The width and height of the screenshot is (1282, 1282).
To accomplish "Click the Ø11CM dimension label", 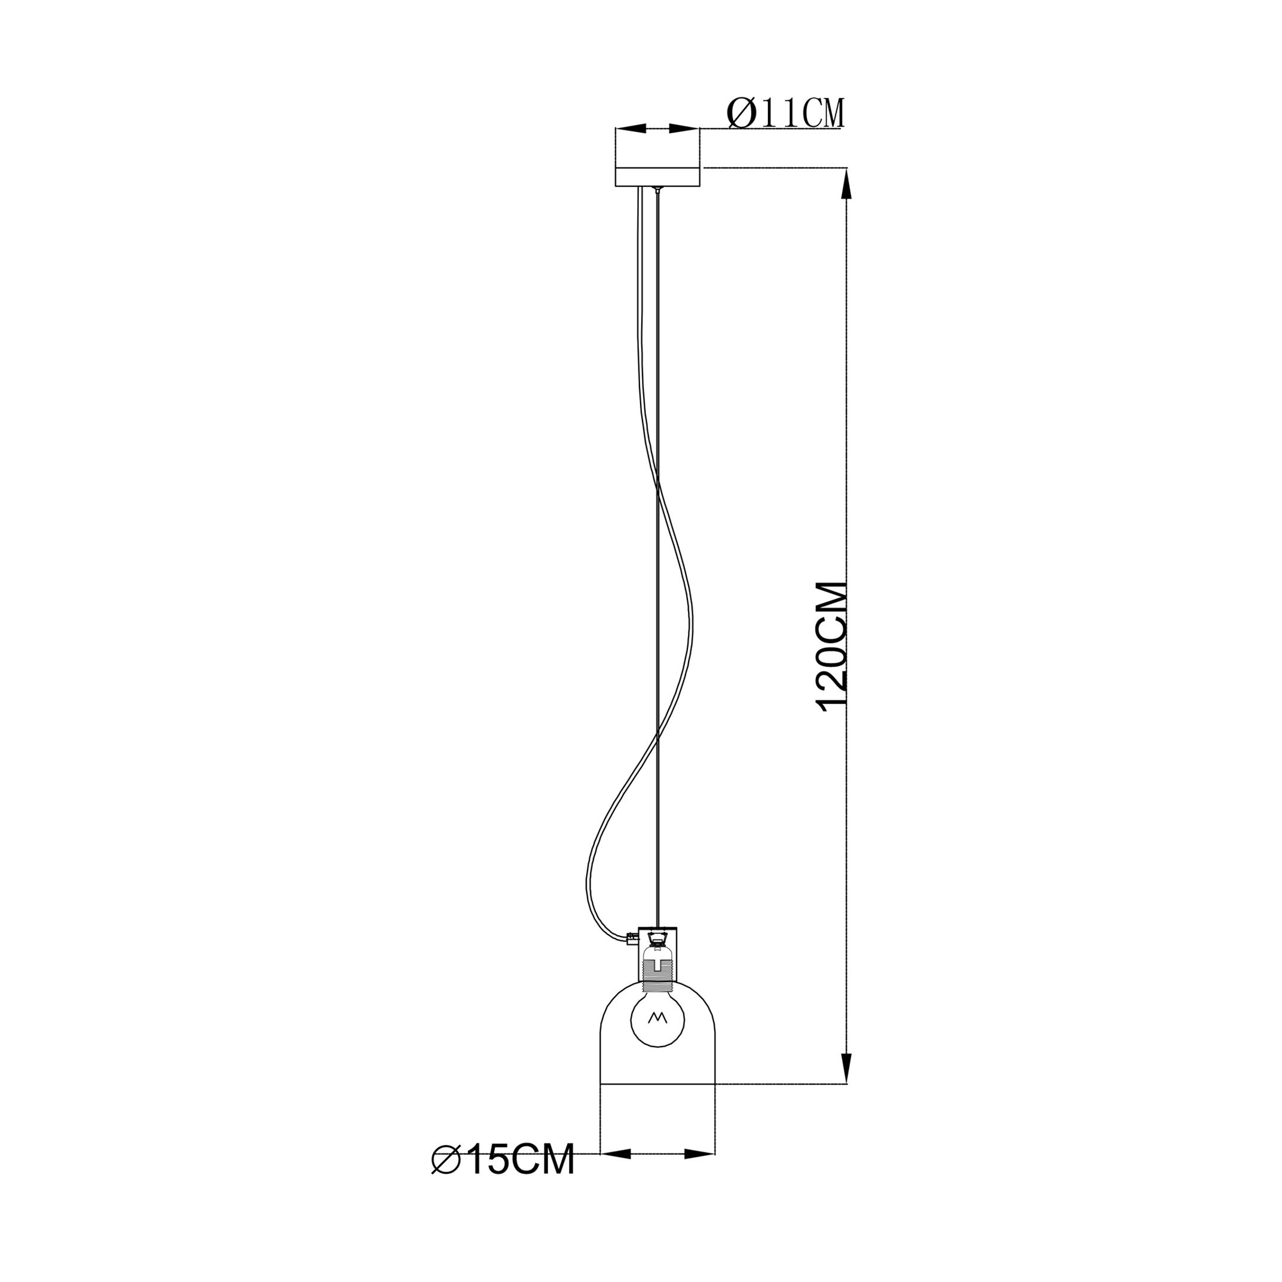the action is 786,113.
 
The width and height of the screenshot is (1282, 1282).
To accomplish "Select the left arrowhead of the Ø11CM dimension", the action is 631,128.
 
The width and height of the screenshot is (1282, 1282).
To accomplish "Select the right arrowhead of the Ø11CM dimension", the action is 685,128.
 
